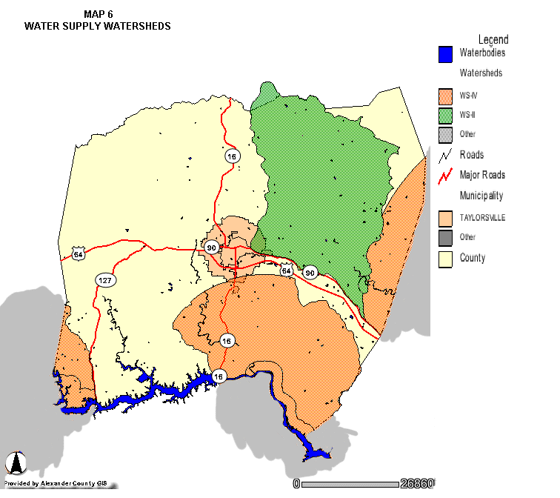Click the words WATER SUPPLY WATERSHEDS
pos(98,26)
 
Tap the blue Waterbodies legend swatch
pos(445,54)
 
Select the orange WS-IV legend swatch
pos(445,96)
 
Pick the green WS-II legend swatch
pos(445,115)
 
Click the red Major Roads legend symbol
pos(445,176)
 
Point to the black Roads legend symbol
pos(445,156)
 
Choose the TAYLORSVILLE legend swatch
pos(445,218)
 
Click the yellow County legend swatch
pos(445,259)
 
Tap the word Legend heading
pos(493,39)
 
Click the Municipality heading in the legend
pos(481,196)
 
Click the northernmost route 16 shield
pos(233,156)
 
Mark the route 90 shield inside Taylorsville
pos(212,248)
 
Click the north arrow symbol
pos(16,462)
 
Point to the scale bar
pos(349,484)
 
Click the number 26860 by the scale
pos(417,484)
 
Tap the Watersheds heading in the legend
pos(481,73)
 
